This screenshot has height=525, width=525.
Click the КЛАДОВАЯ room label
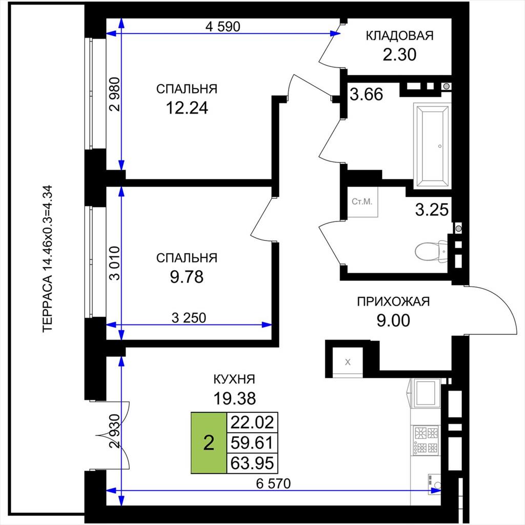(x=399, y=35)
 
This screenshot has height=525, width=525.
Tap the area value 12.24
(x=187, y=108)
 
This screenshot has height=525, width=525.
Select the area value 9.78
(x=187, y=277)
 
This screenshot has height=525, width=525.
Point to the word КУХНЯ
(x=234, y=379)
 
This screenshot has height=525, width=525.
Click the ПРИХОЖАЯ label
(x=393, y=301)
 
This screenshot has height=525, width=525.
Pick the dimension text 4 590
(x=223, y=27)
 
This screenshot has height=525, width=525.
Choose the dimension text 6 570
(x=273, y=483)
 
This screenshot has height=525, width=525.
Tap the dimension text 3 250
(x=189, y=318)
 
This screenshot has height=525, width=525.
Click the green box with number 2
(x=209, y=443)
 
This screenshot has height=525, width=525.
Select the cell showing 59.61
(x=252, y=443)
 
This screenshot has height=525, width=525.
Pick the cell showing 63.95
(x=252, y=463)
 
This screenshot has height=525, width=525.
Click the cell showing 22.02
(x=252, y=422)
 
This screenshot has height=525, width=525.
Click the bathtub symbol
(x=431, y=146)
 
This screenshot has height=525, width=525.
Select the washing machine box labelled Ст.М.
(x=362, y=202)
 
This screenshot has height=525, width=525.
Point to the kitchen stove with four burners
(x=426, y=440)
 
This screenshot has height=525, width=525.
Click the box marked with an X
(x=348, y=362)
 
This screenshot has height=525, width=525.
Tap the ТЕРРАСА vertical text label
(x=48, y=258)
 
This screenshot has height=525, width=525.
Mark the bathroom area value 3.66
(x=366, y=94)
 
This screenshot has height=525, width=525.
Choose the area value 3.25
(x=432, y=210)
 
